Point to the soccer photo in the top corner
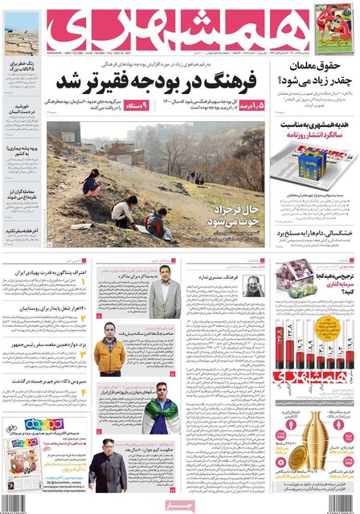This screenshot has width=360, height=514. (333, 28)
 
